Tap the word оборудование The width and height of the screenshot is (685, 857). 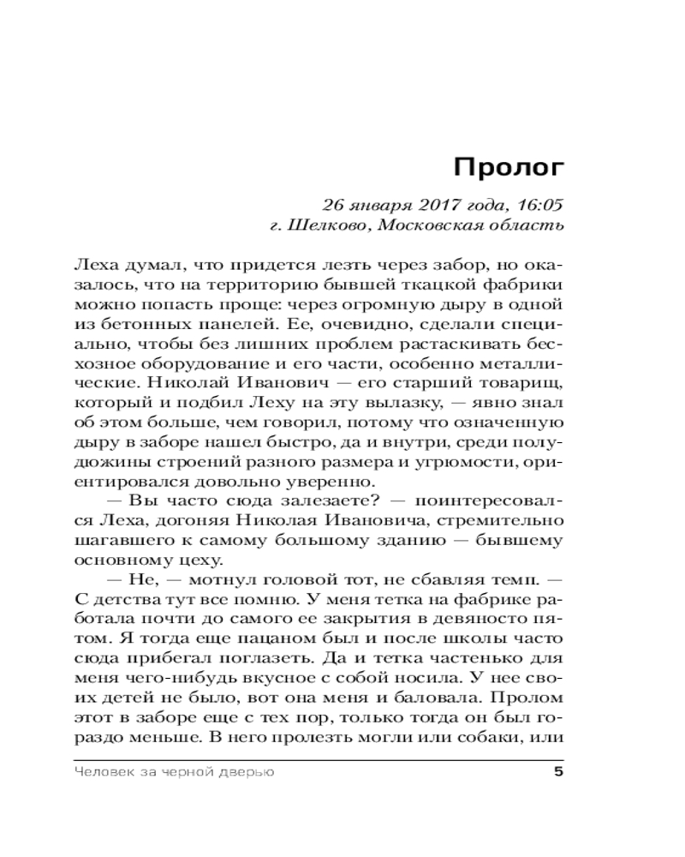pos(184,365)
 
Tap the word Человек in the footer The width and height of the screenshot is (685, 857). pos(103,774)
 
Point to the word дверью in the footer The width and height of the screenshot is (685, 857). pos(247,774)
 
